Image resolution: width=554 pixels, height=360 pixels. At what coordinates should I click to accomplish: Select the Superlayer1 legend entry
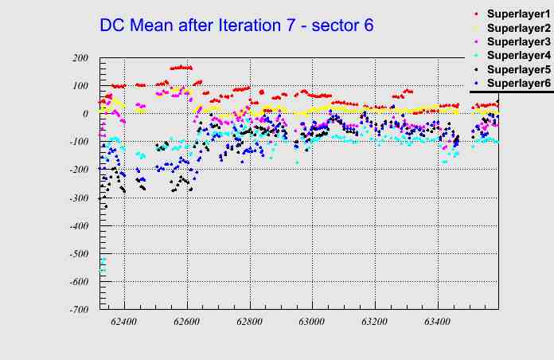517,14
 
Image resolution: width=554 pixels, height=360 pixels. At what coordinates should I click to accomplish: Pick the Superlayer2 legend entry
517,28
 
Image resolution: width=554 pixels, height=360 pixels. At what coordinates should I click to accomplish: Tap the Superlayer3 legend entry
517,41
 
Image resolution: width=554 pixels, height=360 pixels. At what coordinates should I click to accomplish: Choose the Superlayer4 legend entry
517,56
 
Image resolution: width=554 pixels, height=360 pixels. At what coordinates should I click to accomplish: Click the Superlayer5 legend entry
517,69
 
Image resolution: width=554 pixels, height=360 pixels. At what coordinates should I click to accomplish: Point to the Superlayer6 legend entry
517,83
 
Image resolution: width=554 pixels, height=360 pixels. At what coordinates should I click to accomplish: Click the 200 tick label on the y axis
80,58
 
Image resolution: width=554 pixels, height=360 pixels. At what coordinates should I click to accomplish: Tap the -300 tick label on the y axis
78,198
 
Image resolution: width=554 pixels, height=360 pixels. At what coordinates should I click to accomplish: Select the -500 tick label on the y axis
78,253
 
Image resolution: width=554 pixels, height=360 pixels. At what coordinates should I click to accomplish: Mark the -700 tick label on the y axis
78,309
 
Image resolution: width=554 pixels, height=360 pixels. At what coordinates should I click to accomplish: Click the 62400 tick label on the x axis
124,323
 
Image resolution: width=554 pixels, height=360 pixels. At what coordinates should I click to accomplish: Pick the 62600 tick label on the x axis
187,323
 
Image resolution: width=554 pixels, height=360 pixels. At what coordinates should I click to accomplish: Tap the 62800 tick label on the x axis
250,323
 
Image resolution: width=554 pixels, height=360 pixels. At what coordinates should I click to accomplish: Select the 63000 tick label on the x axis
312,323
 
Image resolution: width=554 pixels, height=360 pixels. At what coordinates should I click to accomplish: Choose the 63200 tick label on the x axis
374,323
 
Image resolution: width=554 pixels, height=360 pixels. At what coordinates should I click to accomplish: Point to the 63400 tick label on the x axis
437,323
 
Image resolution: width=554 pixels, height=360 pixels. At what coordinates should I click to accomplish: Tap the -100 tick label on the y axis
78,142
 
